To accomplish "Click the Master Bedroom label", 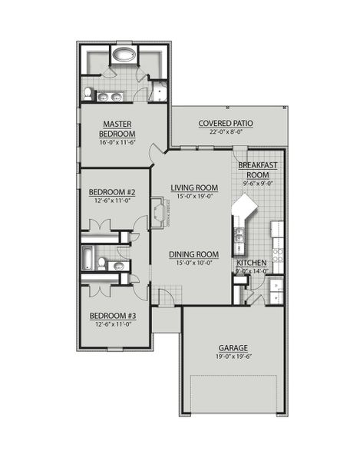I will coord(119,128).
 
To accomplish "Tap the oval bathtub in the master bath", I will coord(123,55).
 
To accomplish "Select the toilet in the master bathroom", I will coord(89,94).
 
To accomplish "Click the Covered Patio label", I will coord(226,123).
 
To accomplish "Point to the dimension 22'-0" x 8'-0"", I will coord(226,132).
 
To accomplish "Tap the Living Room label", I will coord(194,187).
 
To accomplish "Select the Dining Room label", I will coord(194,254).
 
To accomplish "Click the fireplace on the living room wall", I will coord(159,213).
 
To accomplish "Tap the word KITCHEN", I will coord(252,263).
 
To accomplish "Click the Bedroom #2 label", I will coord(112,192).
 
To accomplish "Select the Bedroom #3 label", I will coord(112,316).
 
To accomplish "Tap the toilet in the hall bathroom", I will coord(101,264).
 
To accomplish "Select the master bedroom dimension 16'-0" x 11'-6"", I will coord(118,142).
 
